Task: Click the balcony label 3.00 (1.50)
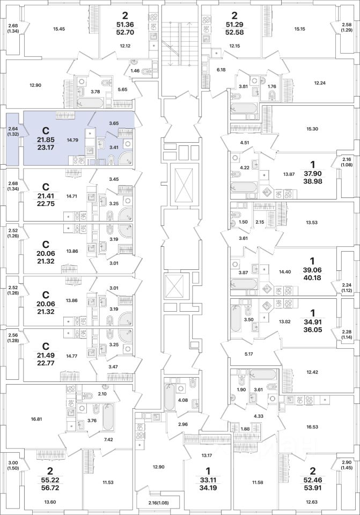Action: (x=13, y=466)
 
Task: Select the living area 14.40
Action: (x=285, y=257)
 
